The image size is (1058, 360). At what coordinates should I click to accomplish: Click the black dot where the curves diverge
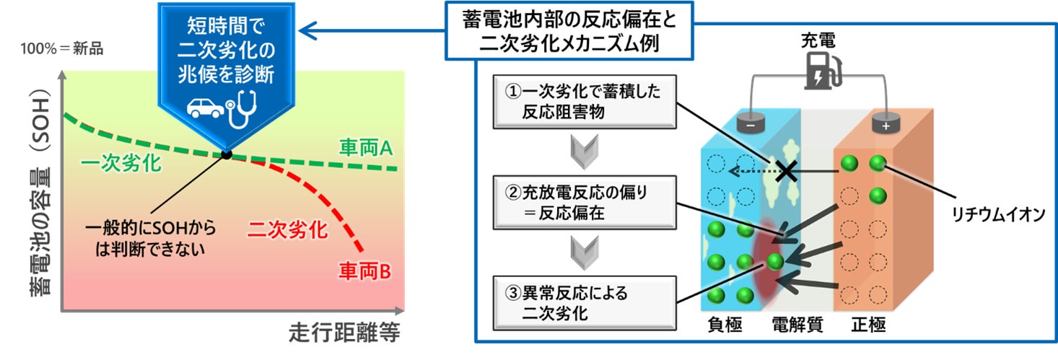tap(227, 154)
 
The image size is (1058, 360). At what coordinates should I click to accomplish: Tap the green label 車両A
tap(364, 149)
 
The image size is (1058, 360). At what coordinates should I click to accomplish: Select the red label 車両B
tap(364, 271)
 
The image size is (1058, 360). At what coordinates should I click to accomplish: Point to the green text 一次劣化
tap(121, 164)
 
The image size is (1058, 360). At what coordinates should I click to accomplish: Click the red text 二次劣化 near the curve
tap(287, 230)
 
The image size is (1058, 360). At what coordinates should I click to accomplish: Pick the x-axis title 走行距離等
tap(344, 333)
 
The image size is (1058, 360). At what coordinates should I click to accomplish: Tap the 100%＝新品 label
tap(62, 50)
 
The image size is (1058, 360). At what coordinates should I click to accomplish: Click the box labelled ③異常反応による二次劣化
tap(583, 303)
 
